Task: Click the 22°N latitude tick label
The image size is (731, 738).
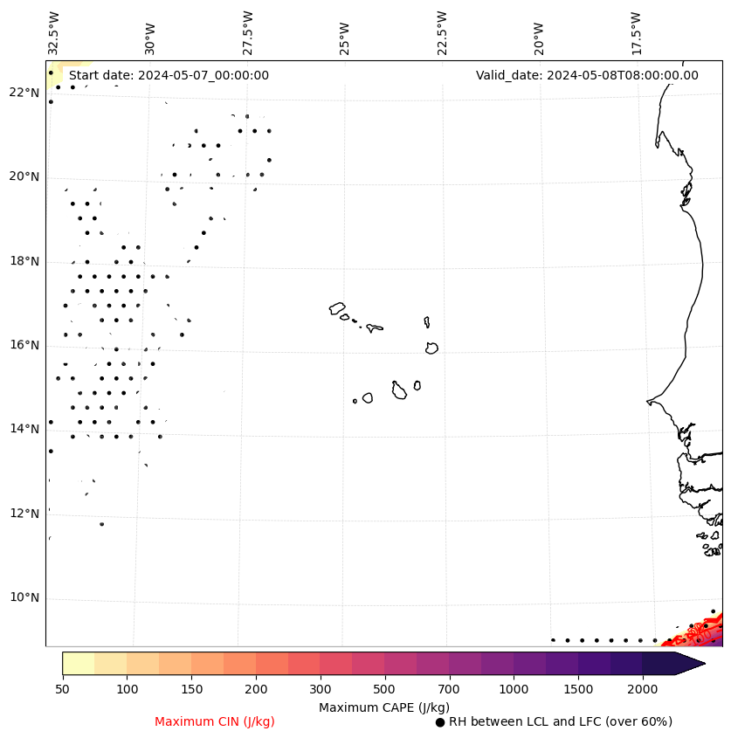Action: (24, 93)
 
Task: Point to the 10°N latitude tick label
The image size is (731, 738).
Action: (24, 598)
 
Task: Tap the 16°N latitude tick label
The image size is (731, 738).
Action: (24, 345)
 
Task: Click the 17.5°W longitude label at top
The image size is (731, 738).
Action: (636, 32)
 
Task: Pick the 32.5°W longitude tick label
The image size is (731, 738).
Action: (54, 32)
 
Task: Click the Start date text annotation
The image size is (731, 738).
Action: (169, 75)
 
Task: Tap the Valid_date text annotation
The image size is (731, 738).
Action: (587, 75)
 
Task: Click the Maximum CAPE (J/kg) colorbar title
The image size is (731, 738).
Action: (383, 707)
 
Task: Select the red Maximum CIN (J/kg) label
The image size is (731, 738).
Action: (215, 721)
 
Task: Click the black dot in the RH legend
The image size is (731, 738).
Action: (440, 722)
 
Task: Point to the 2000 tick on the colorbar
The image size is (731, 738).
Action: (643, 690)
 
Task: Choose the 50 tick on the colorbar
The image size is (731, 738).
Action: (62, 690)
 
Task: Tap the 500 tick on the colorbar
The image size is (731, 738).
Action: (384, 690)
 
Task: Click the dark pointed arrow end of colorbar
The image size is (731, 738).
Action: (690, 663)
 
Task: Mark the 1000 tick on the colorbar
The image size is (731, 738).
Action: (514, 690)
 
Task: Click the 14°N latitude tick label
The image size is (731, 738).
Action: (24, 429)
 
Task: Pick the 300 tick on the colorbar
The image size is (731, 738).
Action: (321, 690)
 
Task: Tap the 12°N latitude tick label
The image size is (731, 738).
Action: (24, 514)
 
